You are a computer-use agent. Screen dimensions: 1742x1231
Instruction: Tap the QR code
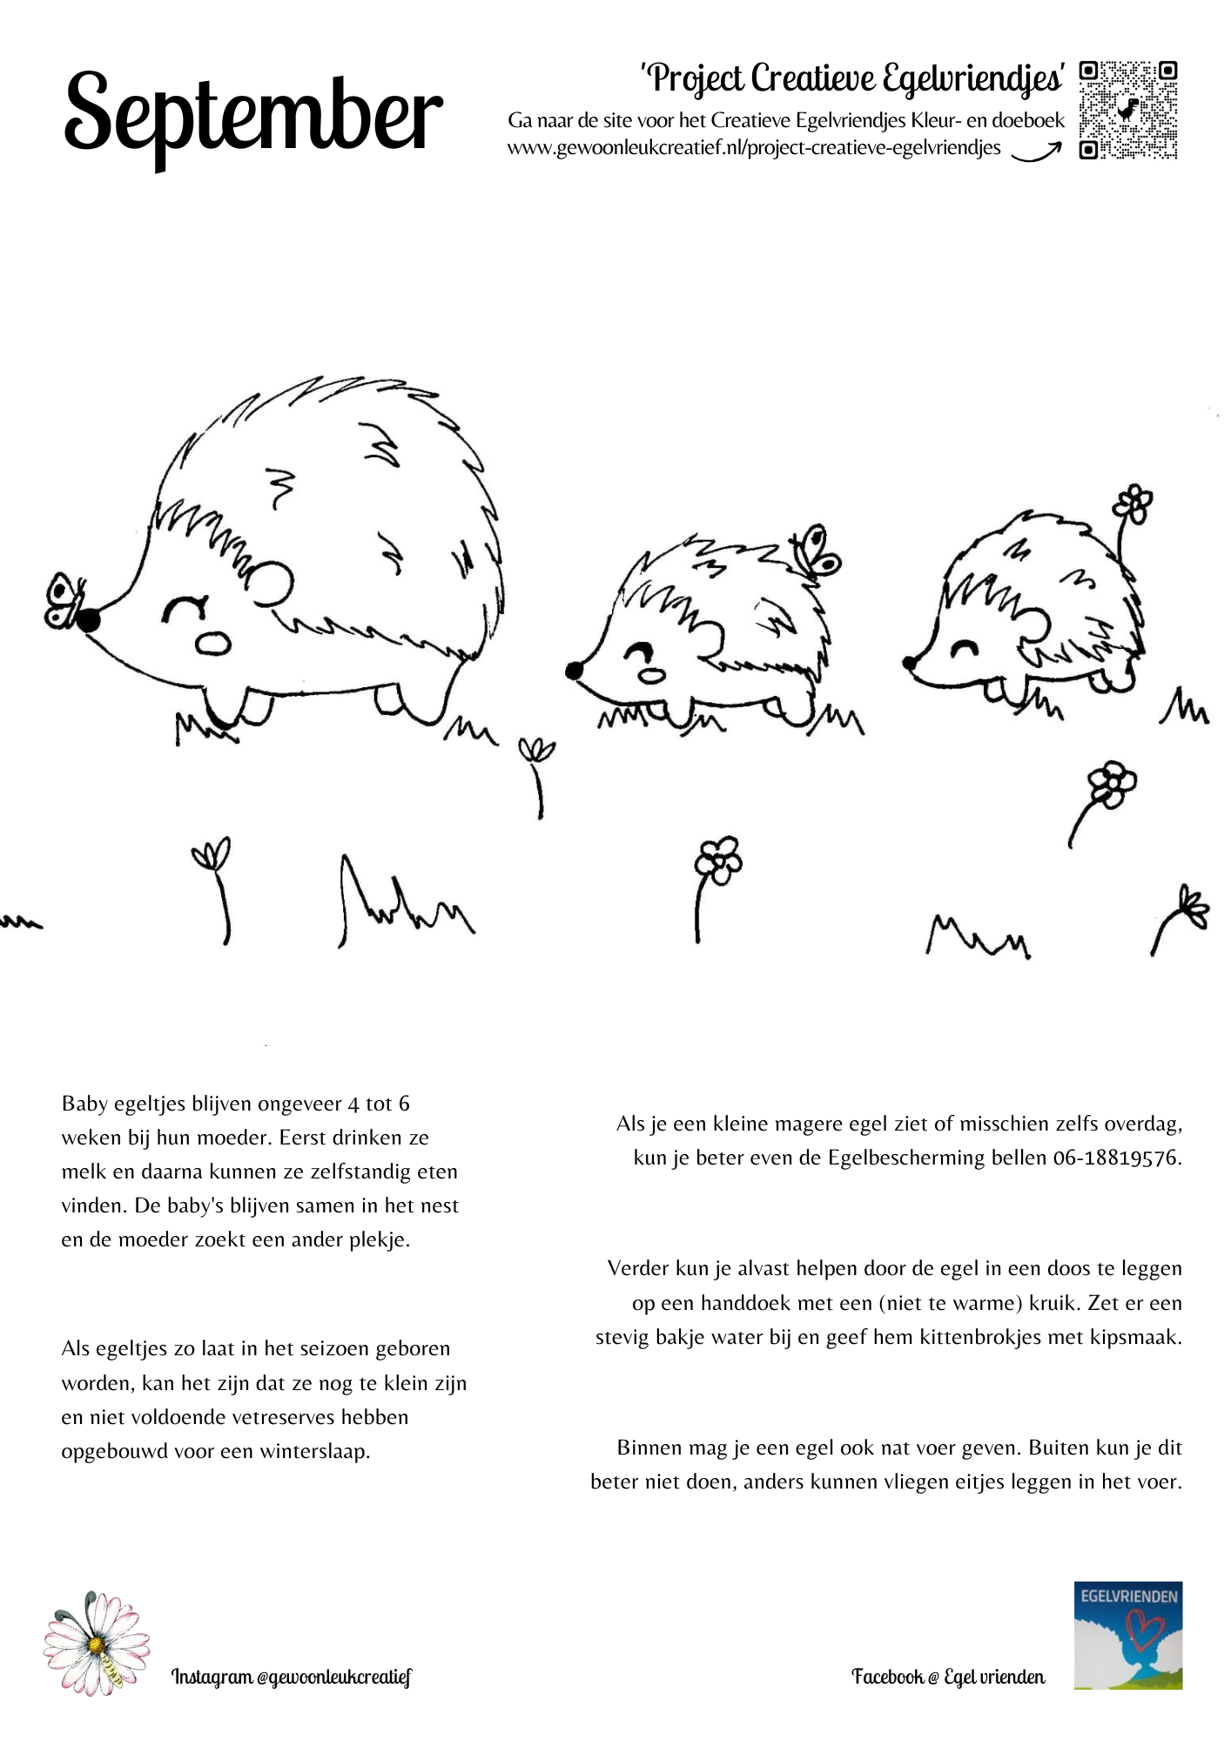pos(1128,110)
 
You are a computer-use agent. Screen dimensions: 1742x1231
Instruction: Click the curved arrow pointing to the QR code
pos(1036,153)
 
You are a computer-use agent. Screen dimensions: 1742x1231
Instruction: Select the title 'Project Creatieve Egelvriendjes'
pos(852,78)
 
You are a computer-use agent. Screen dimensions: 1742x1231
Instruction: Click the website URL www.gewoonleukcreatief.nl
pos(754,148)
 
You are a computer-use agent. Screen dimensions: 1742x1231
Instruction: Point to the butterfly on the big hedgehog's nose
pos(63,600)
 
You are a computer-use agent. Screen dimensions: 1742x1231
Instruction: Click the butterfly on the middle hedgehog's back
pos(816,550)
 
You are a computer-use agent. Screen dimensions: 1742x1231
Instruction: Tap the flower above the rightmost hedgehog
pos(1133,503)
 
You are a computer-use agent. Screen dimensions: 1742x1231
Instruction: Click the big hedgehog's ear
pos(271,584)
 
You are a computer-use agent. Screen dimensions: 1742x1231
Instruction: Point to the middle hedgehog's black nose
pos(574,671)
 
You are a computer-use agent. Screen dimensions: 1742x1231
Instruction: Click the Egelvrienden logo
pos(1127,1636)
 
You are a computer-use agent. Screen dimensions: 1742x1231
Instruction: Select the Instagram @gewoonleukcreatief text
pos(291,1677)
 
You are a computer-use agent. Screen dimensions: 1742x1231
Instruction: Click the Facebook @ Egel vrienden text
pos(948,1677)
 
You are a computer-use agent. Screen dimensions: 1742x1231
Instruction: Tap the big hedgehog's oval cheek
pos(213,643)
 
